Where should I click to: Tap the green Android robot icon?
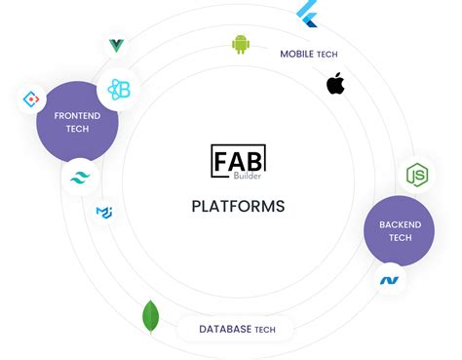[241, 44]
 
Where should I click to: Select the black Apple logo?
[335, 84]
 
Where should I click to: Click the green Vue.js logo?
[117, 45]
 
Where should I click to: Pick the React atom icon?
[120, 90]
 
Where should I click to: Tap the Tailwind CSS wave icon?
[80, 179]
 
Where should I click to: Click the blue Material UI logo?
[104, 212]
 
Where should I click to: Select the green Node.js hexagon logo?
[417, 176]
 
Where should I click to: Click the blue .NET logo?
[390, 280]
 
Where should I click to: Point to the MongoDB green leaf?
[151, 316]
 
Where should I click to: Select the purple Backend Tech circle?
[399, 231]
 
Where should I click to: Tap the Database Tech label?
[237, 330]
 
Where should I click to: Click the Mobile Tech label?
[309, 54]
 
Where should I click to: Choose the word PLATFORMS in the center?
[238, 206]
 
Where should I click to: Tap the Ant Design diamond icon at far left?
[32, 100]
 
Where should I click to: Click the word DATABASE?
[225, 330]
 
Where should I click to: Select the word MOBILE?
[296, 54]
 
